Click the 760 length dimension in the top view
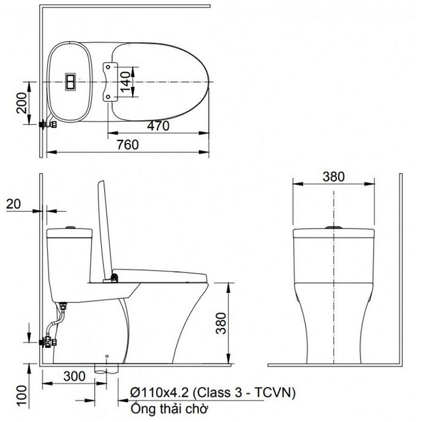click(x=127, y=145)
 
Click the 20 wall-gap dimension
click(x=13, y=204)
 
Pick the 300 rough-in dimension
click(x=74, y=376)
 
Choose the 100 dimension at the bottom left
click(x=20, y=392)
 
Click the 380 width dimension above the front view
click(x=333, y=177)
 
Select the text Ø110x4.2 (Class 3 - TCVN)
click(x=212, y=392)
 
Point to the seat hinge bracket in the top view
click(x=109, y=81)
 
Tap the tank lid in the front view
click(x=334, y=234)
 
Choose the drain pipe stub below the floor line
click(x=103, y=368)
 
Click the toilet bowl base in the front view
click(x=334, y=338)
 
